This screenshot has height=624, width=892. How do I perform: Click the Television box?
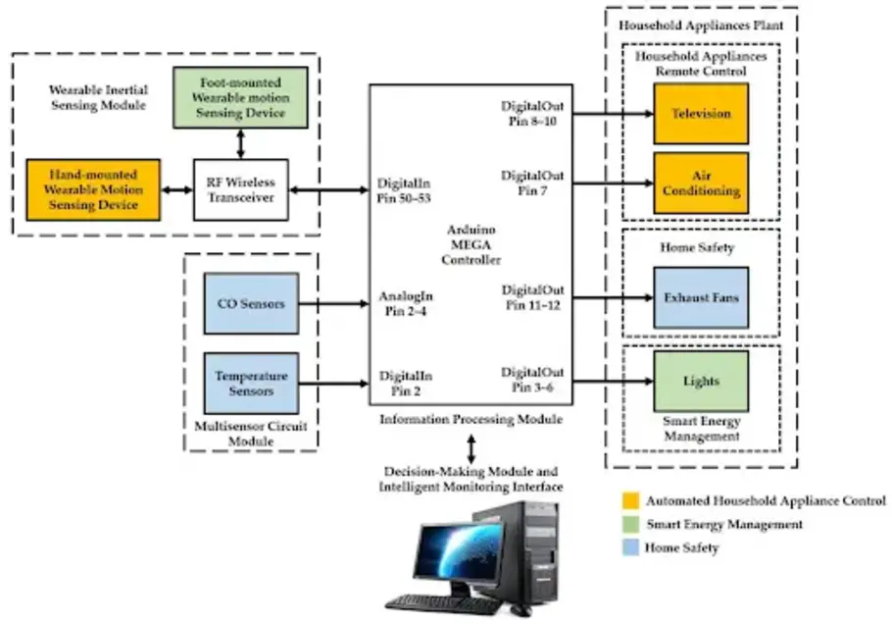pos(701,113)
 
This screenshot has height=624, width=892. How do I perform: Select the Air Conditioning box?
pos(701,182)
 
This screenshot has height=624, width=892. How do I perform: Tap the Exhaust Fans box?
pos(701,297)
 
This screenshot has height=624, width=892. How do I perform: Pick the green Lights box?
pos(701,381)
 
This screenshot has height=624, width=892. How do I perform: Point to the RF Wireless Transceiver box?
pos(240,189)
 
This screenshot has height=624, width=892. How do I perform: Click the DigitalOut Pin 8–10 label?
pos(532,113)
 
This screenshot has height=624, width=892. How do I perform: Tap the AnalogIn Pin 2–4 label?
pos(406,304)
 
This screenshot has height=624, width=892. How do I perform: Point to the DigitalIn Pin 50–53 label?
pos(404,190)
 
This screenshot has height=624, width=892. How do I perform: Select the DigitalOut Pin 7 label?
pos(532,182)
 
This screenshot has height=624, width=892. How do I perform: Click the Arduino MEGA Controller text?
pos(471,245)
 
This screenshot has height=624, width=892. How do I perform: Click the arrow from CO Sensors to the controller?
pos(332,304)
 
